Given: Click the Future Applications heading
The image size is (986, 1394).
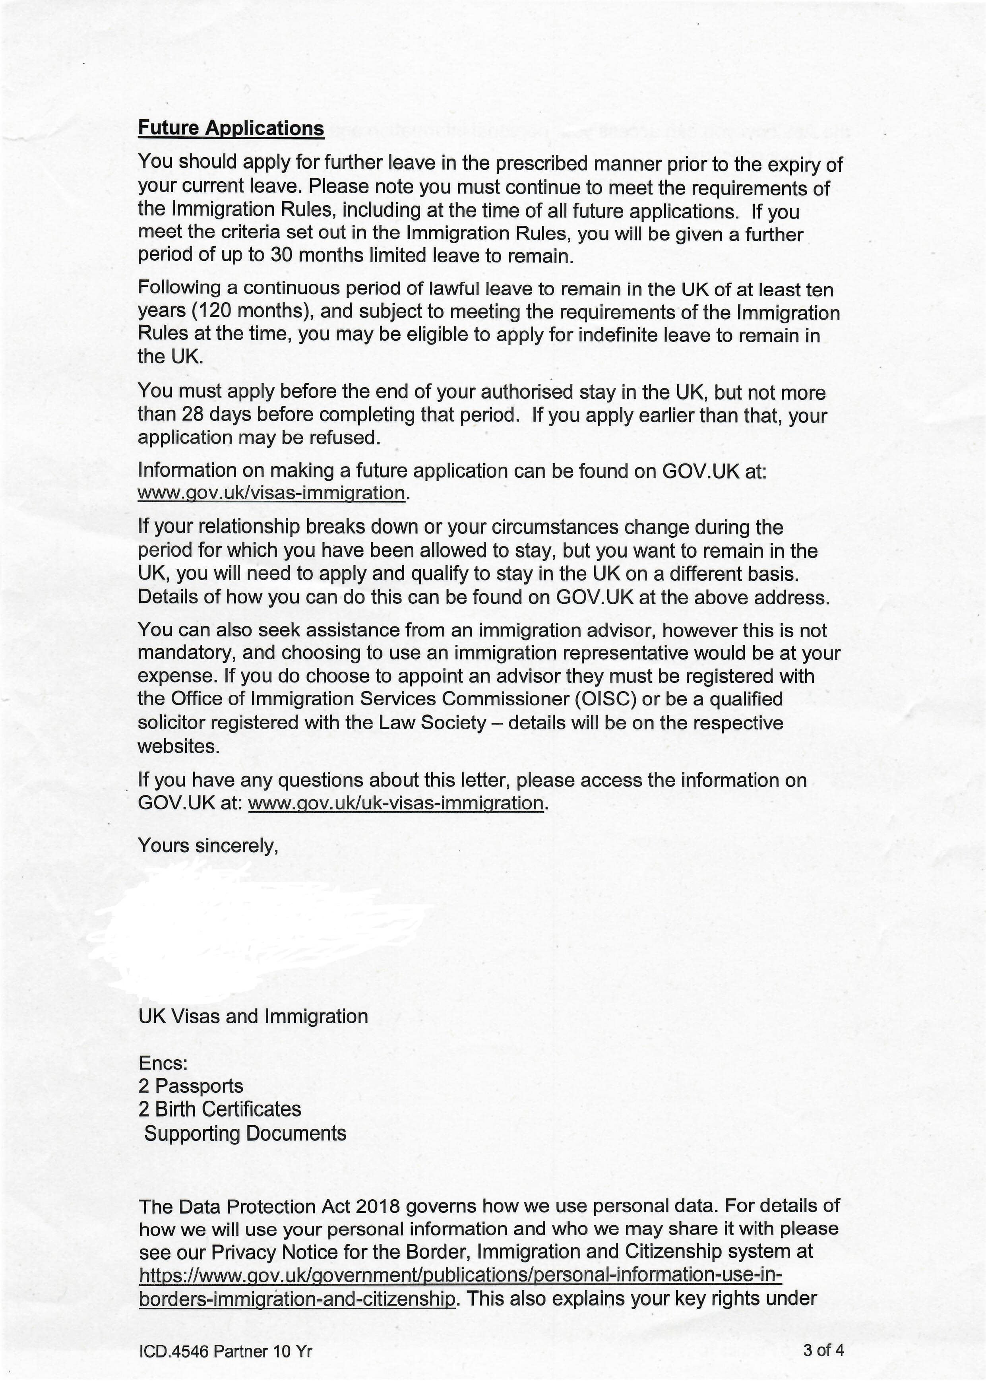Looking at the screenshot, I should [x=231, y=128].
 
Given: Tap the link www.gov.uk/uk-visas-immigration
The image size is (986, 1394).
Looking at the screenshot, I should [x=396, y=803].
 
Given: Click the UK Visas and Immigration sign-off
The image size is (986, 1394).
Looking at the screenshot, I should [x=253, y=1016].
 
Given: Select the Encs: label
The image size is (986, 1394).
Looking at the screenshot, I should [x=163, y=1063].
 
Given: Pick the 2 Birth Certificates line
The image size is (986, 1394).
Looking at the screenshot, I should [x=219, y=1109].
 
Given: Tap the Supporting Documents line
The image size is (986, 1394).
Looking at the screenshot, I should [x=245, y=1133].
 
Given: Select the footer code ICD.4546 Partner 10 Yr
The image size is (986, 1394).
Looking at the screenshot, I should [x=225, y=1351].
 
